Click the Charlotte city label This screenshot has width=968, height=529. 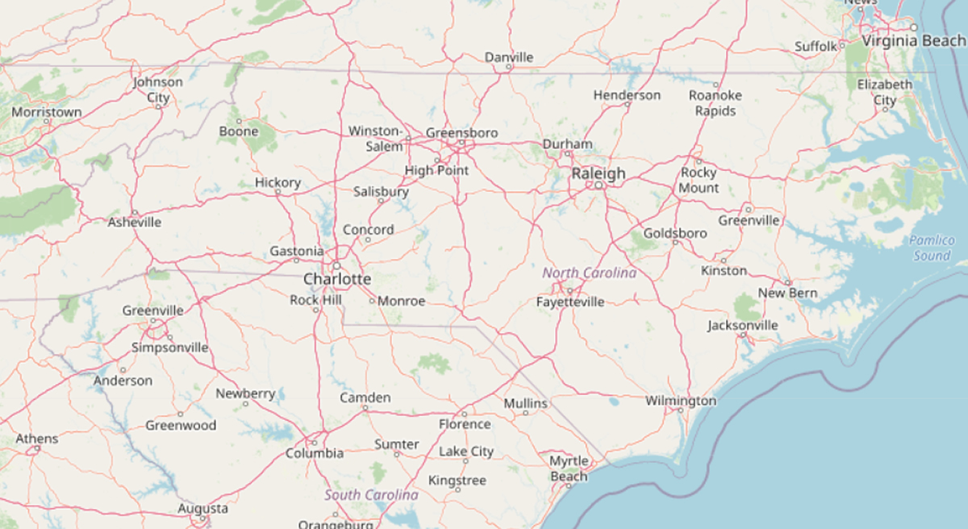[x=337, y=280]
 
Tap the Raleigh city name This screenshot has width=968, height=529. [x=598, y=173]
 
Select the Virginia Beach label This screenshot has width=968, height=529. [x=912, y=40]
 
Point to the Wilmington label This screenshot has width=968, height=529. [x=681, y=401]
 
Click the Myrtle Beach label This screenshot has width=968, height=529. [x=569, y=469]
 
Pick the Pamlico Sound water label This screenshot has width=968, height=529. [x=932, y=248]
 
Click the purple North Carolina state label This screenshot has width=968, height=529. [x=589, y=273]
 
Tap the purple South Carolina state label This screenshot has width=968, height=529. [x=371, y=494]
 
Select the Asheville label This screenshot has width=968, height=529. [x=135, y=222]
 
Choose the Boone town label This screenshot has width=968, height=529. [x=239, y=131]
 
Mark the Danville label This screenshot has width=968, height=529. [x=509, y=57]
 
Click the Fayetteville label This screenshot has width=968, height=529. [x=570, y=302]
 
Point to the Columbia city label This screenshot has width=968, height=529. [x=315, y=453]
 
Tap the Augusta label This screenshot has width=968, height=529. [x=202, y=509]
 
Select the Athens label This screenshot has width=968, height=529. [x=37, y=439]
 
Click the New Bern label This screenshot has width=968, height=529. [x=787, y=293]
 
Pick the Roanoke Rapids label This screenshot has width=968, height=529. [x=715, y=102]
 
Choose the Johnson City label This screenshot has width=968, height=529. [x=158, y=90]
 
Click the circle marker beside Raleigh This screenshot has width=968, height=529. [x=599, y=185]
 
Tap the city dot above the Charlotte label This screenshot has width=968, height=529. [x=336, y=265]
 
